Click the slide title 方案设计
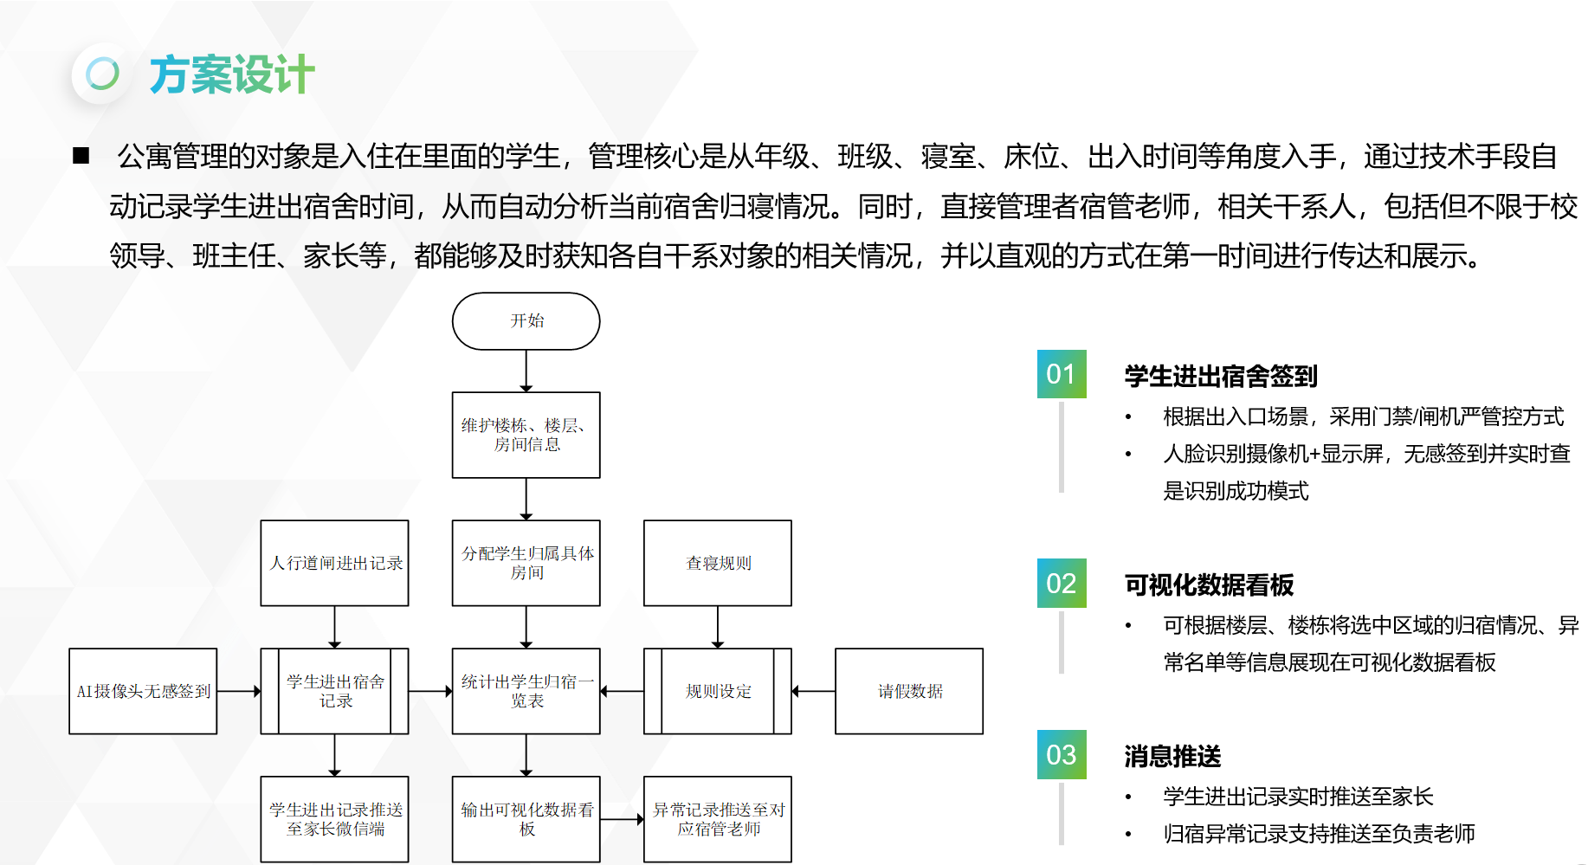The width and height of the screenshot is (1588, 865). pos(231,74)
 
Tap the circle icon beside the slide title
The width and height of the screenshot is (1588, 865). pos(102,74)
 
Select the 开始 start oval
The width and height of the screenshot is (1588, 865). pos(526,321)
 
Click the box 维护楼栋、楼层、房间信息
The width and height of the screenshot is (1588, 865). pos(526,435)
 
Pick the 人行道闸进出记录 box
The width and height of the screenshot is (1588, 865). pos(334,563)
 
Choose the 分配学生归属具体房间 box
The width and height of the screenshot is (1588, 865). pos(526,563)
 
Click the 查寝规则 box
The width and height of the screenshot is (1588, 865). pos(718,563)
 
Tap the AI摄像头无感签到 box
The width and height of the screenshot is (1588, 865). pos(143,691)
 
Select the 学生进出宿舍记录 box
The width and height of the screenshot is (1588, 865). pos(334,691)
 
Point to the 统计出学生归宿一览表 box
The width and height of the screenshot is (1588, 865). pos(526,691)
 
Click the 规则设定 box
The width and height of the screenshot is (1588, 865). pos(718,691)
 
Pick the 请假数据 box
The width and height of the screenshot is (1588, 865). pos(909,691)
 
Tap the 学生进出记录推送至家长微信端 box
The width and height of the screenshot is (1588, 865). pos(334,819)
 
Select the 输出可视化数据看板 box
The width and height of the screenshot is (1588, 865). pos(526,819)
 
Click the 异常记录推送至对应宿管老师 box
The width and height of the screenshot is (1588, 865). pos(718,819)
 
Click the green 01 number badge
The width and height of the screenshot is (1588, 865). pos(1062,374)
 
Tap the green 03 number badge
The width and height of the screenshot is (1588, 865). pos(1062,755)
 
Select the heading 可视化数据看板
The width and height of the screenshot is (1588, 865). pos(1209,585)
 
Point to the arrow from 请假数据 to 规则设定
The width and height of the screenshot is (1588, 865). pos(813,691)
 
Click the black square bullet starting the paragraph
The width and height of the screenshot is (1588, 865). pos(81,156)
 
